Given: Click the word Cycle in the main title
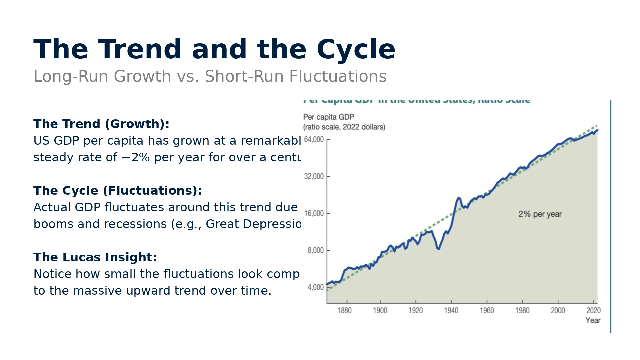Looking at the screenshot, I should point(356,50).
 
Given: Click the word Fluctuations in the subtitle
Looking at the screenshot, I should point(338,76).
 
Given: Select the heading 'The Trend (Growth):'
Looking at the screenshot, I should point(101,124).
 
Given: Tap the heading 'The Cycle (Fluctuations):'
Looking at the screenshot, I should point(118,191).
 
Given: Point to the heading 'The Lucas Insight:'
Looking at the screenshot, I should point(95,257).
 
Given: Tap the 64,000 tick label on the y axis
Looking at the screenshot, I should point(314,139).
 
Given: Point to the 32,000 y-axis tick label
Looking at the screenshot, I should point(314,176).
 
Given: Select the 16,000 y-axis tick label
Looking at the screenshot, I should point(314,213).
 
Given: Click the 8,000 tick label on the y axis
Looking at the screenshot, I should point(315,250).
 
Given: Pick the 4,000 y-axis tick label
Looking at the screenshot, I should point(315,287).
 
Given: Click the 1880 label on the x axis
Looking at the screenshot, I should point(344,311).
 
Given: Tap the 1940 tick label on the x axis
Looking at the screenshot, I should point(451,311).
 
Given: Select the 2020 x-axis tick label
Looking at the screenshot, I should point(593,311).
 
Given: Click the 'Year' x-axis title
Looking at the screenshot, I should point(593,320).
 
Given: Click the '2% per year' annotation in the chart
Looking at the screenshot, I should point(540,214).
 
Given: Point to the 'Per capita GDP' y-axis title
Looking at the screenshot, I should point(328,117).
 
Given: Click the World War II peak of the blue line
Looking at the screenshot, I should point(459,198).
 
